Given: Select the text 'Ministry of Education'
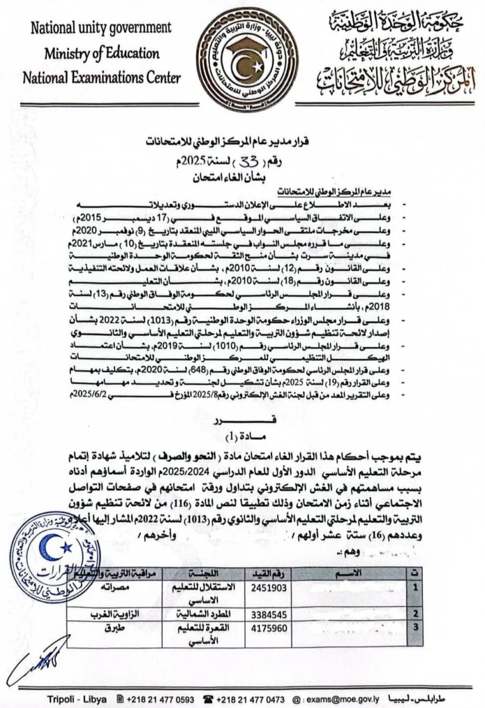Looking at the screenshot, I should click(x=101, y=53).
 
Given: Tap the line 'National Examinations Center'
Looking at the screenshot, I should click(x=101, y=77).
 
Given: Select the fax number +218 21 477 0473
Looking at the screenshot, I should click(x=250, y=699).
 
